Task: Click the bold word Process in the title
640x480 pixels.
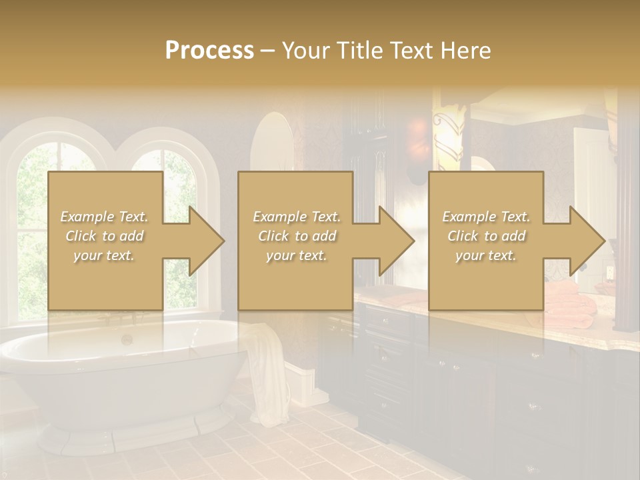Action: (209, 50)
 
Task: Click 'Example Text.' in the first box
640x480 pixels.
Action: (104, 217)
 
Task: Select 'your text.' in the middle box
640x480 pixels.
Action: (296, 255)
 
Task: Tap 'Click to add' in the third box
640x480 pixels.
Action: (487, 236)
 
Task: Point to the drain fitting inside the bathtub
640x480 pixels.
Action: (126, 339)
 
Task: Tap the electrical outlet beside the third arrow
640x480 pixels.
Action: (609, 273)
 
